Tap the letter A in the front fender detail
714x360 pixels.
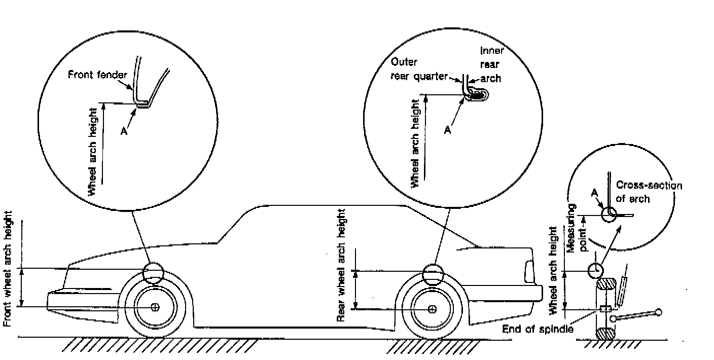click(123, 130)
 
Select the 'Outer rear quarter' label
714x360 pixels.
click(418, 69)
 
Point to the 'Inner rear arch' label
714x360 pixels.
click(490, 64)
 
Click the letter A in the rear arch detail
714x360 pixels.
click(447, 130)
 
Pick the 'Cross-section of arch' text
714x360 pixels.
click(649, 192)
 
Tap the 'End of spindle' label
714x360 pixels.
click(538, 329)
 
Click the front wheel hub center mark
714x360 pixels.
click(155, 307)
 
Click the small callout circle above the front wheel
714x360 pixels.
click(153, 274)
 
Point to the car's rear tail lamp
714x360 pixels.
click(529, 272)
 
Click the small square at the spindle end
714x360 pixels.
click(603, 309)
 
